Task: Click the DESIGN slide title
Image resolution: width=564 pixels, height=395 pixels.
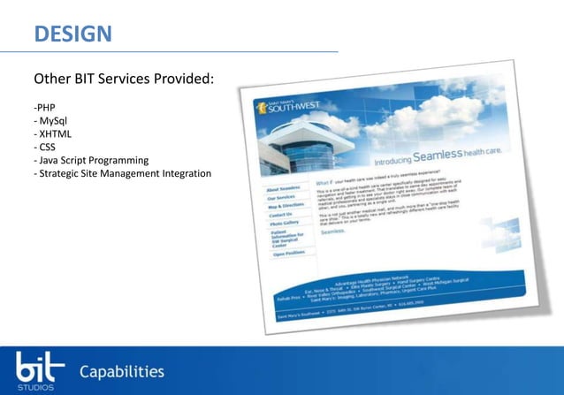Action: point(72,34)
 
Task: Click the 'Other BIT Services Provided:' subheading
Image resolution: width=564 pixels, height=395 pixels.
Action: point(124,80)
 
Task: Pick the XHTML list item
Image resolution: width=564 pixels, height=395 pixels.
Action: point(53,134)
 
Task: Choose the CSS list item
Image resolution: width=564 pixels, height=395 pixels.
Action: point(45,148)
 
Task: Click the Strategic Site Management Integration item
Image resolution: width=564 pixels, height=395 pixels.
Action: point(123,173)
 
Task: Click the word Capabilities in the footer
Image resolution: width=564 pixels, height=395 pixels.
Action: point(122,371)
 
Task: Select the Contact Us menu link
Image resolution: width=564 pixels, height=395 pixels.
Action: point(281,215)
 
